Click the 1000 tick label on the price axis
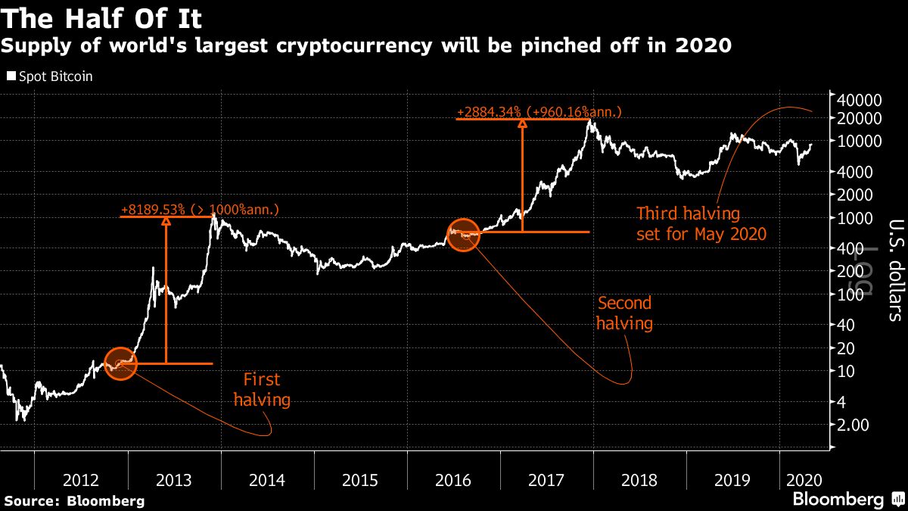(x=856, y=218)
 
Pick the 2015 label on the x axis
(x=360, y=480)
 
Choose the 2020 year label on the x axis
(x=800, y=480)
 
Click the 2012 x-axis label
(x=81, y=480)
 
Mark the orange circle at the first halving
(x=120, y=364)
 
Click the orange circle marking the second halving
(x=464, y=235)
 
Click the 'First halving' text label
(x=262, y=389)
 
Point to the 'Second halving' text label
(x=624, y=313)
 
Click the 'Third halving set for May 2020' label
(x=701, y=223)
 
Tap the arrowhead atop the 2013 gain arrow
(x=166, y=221)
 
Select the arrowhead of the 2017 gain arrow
(x=521, y=124)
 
